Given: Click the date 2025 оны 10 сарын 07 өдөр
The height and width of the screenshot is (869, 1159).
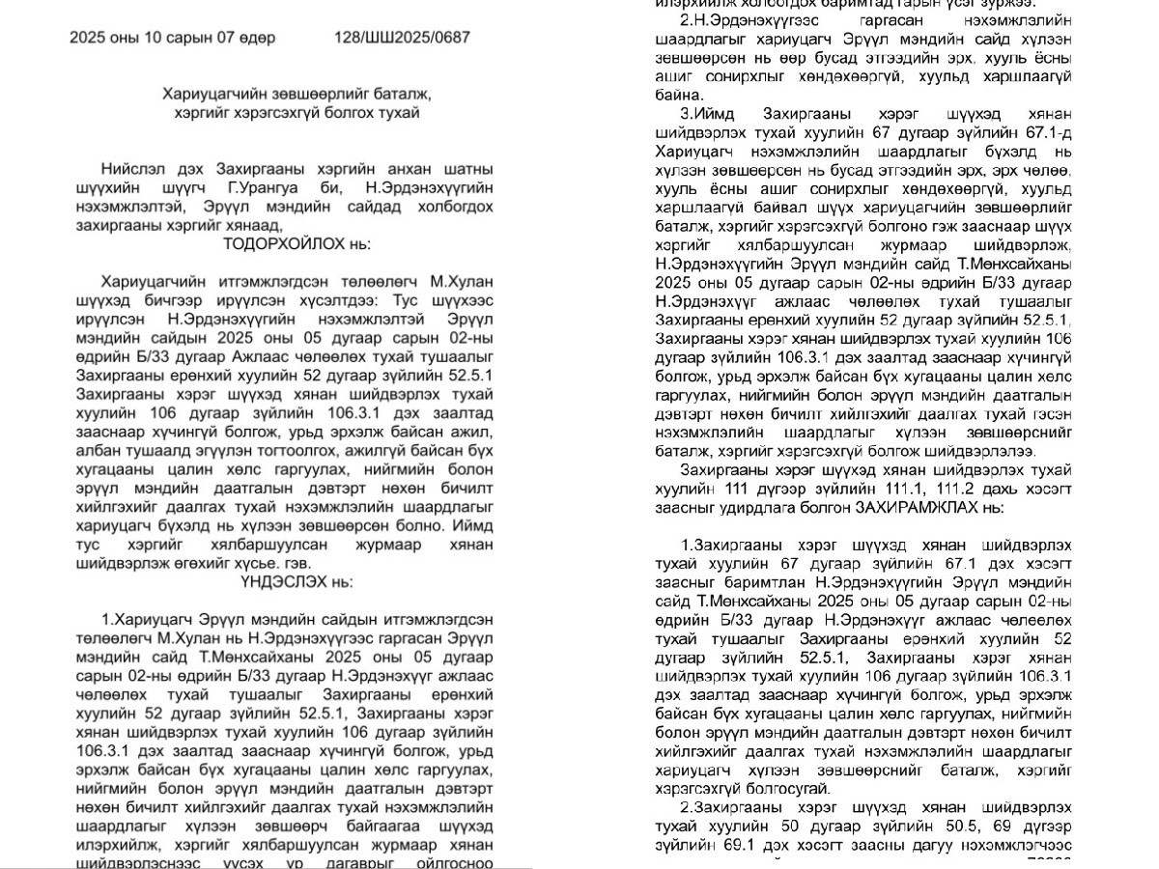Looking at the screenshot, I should click(172, 38).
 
